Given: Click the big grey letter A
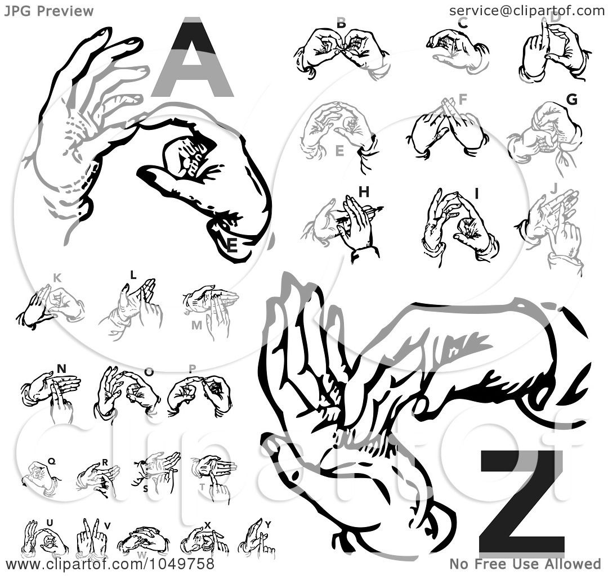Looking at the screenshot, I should (x=192, y=59).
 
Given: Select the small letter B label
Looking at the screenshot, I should (x=341, y=23).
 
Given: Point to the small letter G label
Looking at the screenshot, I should (x=571, y=100).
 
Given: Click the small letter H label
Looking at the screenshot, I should (x=364, y=192).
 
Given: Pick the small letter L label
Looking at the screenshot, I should (x=133, y=275).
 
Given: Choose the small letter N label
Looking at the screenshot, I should (x=61, y=369).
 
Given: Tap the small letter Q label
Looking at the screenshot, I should (x=51, y=461).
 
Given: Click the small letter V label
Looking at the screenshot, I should (x=107, y=526).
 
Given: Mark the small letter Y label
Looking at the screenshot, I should (x=268, y=525).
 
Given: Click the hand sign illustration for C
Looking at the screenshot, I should (x=457, y=49).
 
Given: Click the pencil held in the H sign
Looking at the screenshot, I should (x=360, y=214).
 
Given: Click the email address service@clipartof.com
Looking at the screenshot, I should (x=526, y=10).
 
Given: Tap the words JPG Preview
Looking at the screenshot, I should (x=49, y=11).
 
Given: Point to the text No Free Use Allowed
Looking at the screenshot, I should (x=525, y=564).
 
